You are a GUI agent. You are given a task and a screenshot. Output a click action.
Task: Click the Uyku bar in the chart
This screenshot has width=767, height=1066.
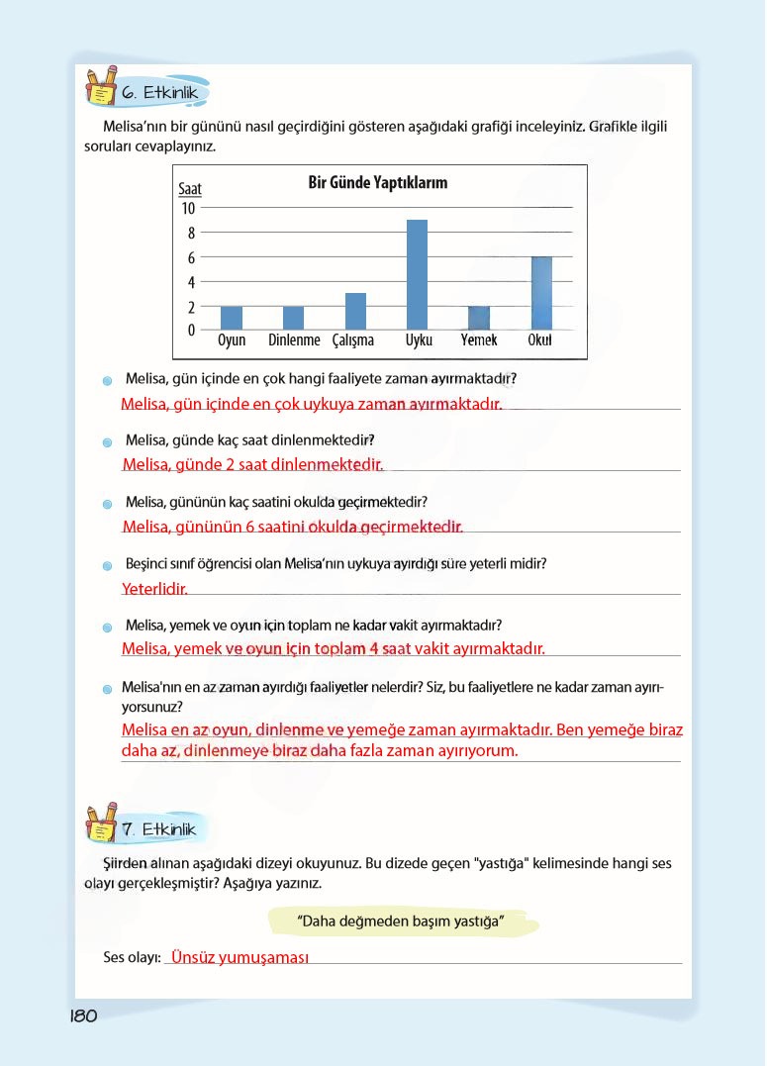tap(417, 275)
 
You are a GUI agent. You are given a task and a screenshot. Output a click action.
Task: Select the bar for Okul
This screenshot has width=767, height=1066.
tap(541, 293)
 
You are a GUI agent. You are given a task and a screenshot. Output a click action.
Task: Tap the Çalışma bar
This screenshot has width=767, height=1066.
tap(355, 312)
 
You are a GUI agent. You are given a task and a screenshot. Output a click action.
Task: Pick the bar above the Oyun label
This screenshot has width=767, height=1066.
tap(232, 318)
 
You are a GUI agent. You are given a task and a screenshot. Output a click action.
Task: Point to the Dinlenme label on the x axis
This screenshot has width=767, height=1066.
tap(294, 341)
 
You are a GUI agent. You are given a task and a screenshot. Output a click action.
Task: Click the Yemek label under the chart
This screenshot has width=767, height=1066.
tap(479, 341)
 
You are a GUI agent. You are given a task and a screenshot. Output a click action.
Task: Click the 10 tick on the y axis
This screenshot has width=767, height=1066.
tap(188, 209)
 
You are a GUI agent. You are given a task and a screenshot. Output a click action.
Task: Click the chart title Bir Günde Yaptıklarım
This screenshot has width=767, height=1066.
tap(378, 183)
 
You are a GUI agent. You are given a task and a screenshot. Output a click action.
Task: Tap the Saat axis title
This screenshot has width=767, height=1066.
tap(189, 188)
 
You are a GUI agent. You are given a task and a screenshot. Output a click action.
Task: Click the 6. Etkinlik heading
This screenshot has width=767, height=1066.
tap(160, 92)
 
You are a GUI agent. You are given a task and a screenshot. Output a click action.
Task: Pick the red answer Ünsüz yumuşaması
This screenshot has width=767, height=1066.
tap(240, 958)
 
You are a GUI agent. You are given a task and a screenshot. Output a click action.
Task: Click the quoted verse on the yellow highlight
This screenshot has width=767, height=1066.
tap(402, 922)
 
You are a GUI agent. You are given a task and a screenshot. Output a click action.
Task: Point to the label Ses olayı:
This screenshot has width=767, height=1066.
tap(132, 958)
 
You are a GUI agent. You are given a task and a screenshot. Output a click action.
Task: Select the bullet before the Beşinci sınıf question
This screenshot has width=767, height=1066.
tap(107, 566)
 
